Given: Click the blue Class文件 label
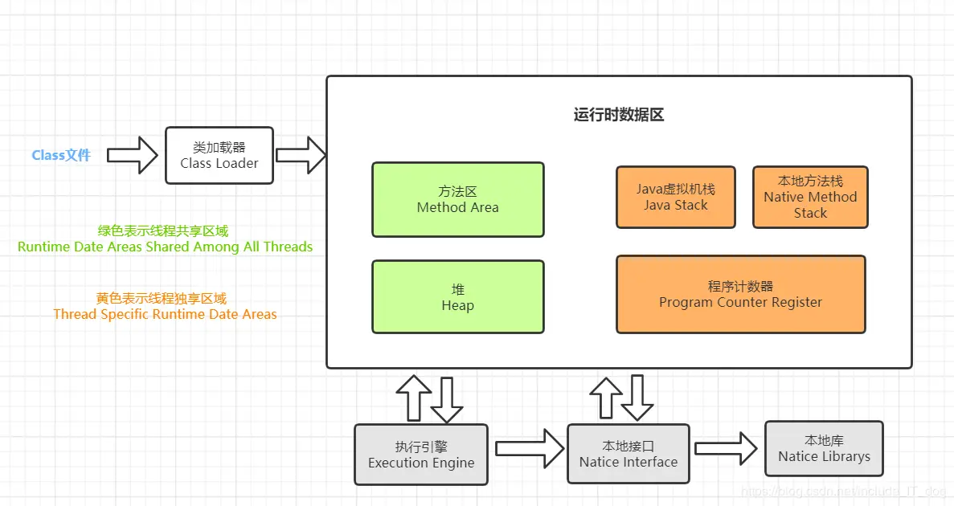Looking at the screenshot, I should pos(61,155).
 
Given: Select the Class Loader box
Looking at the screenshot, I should pos(219,155).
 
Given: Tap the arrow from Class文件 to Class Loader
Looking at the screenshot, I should pos(133,155).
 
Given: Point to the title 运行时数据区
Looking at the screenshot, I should pos(618,115).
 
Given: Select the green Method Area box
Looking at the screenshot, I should pos(457,200).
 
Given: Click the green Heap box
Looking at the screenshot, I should pos(457,296).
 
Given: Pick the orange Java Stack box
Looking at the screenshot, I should pos(675,198).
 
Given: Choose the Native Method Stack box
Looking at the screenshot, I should pos(810,198).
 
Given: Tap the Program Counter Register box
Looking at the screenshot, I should pos(740,294).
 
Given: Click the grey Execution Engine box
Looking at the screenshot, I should pos(421,455).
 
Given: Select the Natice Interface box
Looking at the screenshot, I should pos(628,454).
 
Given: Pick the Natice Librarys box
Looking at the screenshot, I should pos(824,449).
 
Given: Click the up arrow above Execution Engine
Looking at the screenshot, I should pos(414,397).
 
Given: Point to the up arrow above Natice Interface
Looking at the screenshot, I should pos(606,397).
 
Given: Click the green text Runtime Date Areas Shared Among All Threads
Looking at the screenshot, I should pos(166,247).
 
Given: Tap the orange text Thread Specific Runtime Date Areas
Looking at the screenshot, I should pos(166,314).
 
